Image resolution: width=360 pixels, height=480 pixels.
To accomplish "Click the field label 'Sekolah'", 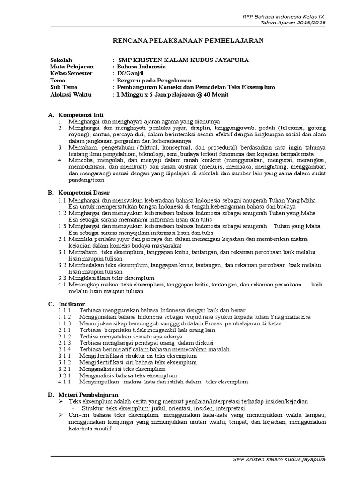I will [x=61, y=60].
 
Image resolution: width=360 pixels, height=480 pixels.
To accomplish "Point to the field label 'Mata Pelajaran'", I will [x=72, y=67].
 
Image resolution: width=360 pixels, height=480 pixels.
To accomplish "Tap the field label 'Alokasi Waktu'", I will [x=71, y=94].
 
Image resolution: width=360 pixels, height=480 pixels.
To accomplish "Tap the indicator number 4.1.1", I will [x=64, y=382].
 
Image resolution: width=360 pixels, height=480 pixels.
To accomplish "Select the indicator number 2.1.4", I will [x=64, y=349].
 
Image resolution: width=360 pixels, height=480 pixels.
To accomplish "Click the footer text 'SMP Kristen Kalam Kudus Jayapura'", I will [x=278, y=459].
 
